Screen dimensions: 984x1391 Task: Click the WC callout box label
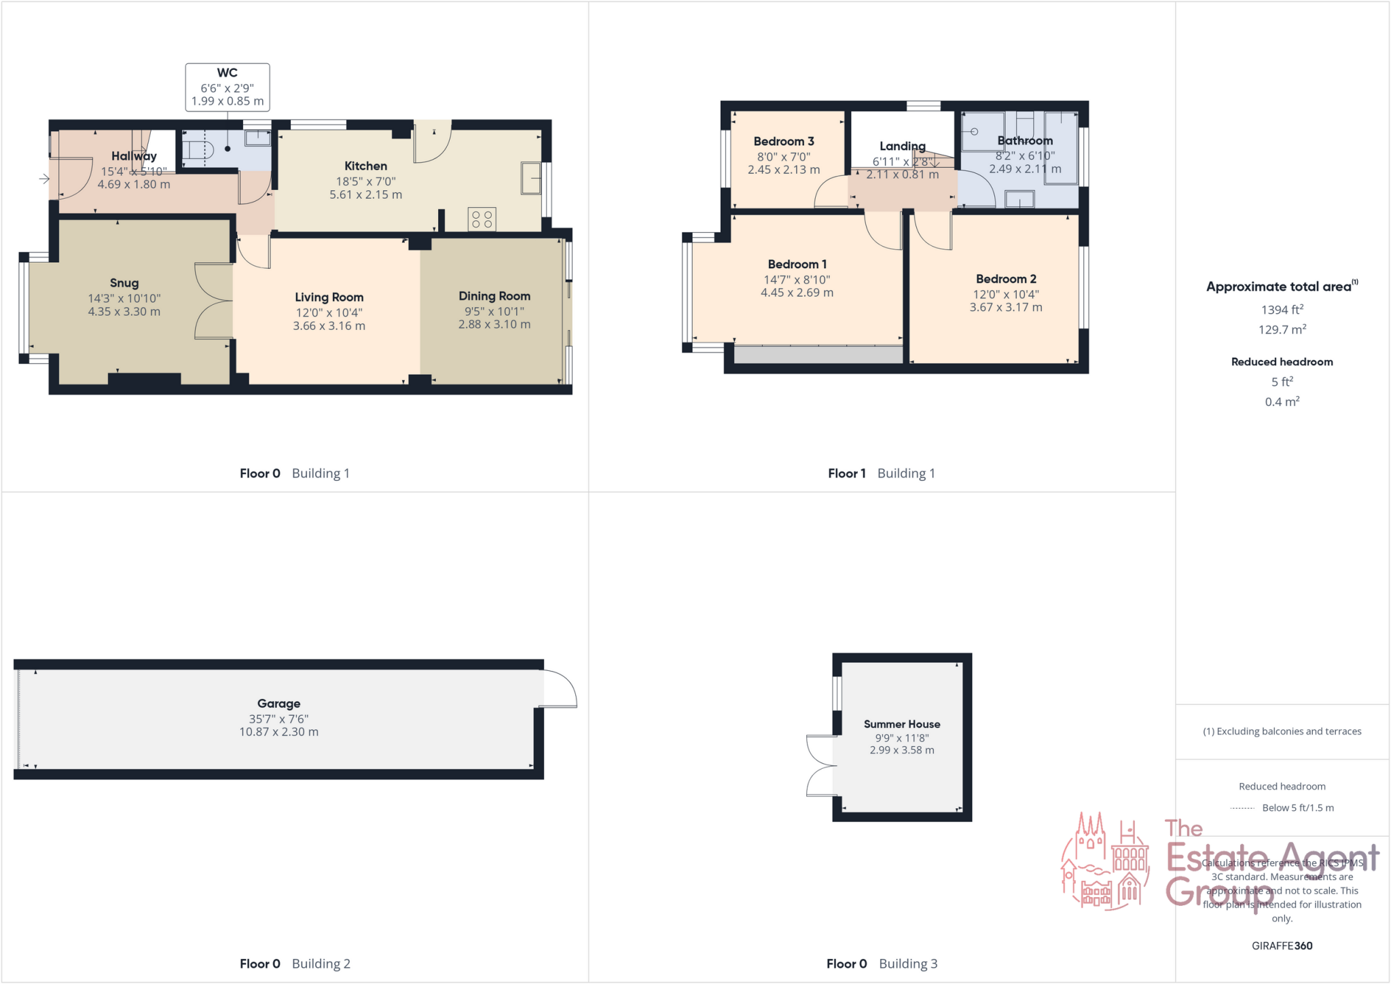(227, 73)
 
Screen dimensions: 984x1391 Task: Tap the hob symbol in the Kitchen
(482, 219)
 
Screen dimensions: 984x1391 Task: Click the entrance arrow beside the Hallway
(44, 179)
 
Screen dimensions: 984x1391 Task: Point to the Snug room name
(124, 283)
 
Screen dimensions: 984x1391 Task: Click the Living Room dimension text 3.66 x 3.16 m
(329, 326)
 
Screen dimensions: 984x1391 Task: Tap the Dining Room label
(494, 296)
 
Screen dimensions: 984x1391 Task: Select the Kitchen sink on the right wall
(530, 179)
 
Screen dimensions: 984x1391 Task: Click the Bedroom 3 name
(784, 141)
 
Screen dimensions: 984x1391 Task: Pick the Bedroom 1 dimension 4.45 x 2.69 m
(797, 293)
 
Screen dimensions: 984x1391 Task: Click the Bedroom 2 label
(1006, 279)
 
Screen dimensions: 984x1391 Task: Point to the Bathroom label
(1025, 141)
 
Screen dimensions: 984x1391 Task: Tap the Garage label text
(278, 704)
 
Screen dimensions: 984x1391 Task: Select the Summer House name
(902, 724)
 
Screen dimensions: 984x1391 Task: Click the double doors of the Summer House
(820, 765)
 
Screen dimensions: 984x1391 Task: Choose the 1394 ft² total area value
(1282, 310)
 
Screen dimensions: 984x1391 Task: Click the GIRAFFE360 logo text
(1282, 945)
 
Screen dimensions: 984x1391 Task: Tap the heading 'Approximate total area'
(1279, 287)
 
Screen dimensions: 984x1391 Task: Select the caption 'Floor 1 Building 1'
(881, 473)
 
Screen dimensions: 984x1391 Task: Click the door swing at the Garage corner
(559, 689)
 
